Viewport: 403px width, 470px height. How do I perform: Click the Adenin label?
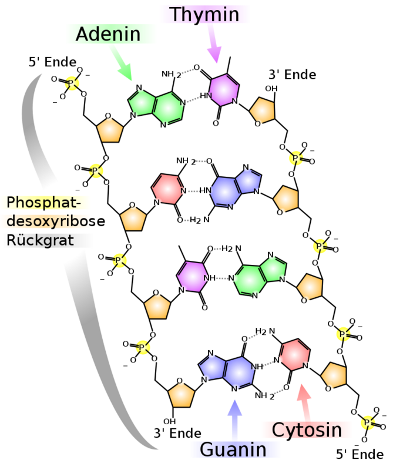click(x=108, y=34)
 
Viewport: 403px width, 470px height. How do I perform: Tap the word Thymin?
click(x=204, y=14)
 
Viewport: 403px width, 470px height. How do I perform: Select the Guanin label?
click(x=233, y=449)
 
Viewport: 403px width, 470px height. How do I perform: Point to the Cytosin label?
click(x=307, y=429)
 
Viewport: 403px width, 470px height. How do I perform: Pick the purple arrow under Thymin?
click(x=214, y=43)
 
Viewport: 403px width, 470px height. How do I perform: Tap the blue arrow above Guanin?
click(x=234, y=419)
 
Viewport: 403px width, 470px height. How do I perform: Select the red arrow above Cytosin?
click(x=304, y=402)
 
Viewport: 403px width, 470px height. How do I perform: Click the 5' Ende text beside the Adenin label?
click(x=53, y=62)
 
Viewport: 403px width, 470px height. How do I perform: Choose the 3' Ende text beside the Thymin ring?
click(x=293, y=75)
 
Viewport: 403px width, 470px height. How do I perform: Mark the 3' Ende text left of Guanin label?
click(x=177, y=433)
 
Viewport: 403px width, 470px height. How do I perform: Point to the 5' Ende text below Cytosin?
click(x=360, y=454)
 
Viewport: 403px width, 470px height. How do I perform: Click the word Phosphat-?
click(x=43, y=202)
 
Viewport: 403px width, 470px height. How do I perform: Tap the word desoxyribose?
click(x=56, y=221)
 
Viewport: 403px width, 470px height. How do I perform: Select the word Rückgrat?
click(x=40, y=240)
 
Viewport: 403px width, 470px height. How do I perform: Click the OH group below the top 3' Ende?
click(x=271, y=89)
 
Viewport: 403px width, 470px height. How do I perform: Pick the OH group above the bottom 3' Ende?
click(x=169, y=421)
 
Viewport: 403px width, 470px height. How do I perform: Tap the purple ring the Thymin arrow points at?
click(x=224, y=90)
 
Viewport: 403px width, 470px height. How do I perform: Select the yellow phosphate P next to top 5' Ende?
click(x=72, y=83)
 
